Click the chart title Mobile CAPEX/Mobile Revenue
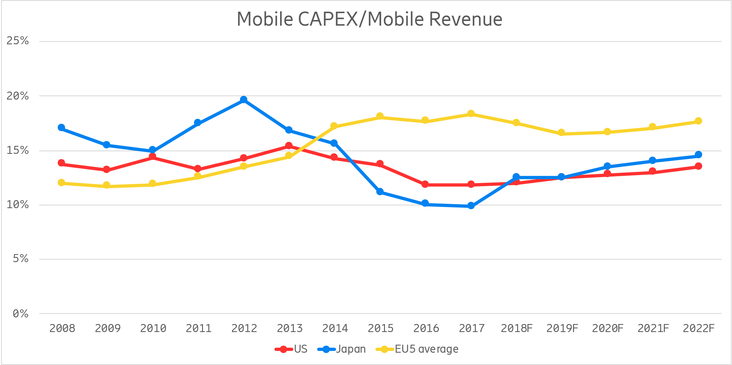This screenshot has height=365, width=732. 369,19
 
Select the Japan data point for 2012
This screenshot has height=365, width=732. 244,100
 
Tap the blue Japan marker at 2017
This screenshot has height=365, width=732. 471,206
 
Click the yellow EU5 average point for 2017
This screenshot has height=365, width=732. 471,114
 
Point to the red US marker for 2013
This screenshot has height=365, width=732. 289,146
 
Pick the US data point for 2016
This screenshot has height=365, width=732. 425,184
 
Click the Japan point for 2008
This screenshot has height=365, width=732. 61,128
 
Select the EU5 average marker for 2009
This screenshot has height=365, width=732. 106,185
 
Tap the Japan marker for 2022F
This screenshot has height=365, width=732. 698,155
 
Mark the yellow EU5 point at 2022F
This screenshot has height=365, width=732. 698,121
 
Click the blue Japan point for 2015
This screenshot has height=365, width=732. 380,191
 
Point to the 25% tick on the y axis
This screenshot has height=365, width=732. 18,41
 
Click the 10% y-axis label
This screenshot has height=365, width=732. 18,204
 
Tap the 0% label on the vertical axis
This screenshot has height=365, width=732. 20,313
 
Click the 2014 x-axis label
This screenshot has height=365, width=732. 335,328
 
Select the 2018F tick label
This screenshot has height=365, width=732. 516,328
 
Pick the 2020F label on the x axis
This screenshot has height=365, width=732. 608,328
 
